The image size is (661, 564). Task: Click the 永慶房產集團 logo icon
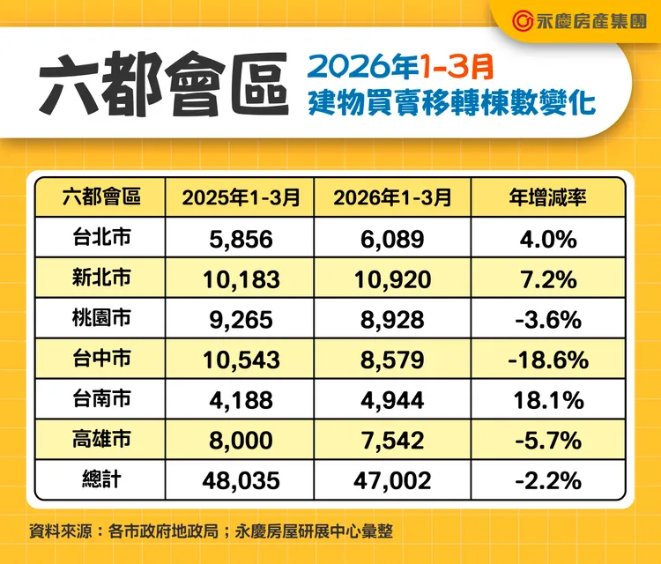(522, 21)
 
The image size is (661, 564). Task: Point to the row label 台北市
(101, 237)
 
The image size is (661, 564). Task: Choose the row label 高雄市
(101, 438)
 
